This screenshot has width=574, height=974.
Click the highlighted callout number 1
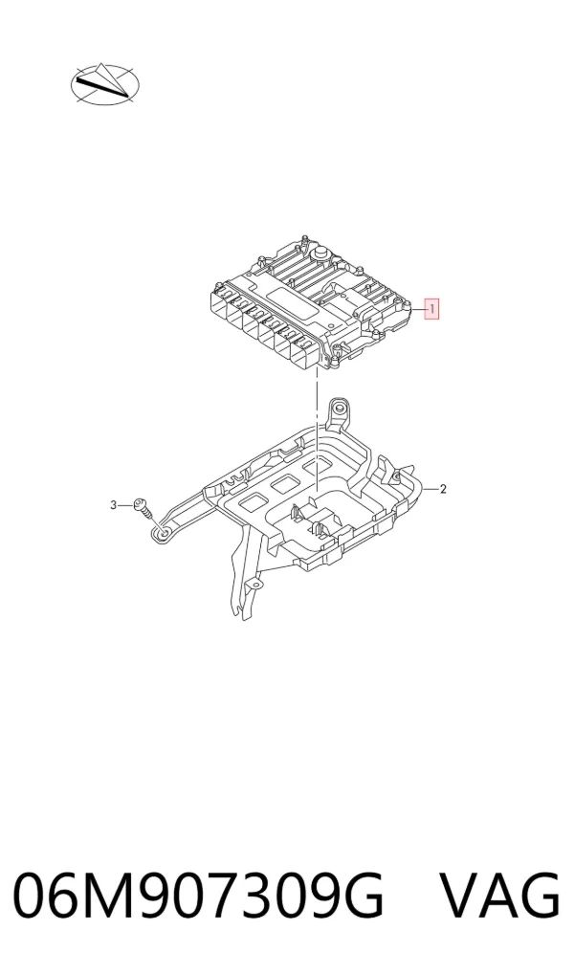click(x=431, y=309)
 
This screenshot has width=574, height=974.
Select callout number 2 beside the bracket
click(x=443, y=489)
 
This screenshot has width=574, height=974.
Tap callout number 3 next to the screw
click(x=114, y=505)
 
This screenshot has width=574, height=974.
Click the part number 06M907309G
click(x=198, y=896)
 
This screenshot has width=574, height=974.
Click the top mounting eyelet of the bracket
click(x=338, y=409)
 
